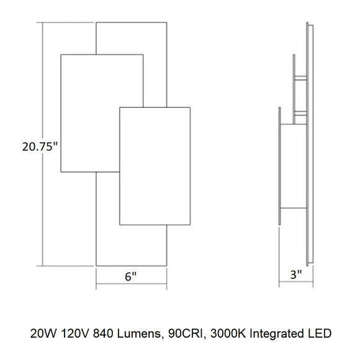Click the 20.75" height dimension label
click(x=38, y=147)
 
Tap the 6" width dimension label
click(x=131, y=278)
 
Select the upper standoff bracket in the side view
click(x=300, y=78)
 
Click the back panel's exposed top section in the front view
click(x=132, y=37)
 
